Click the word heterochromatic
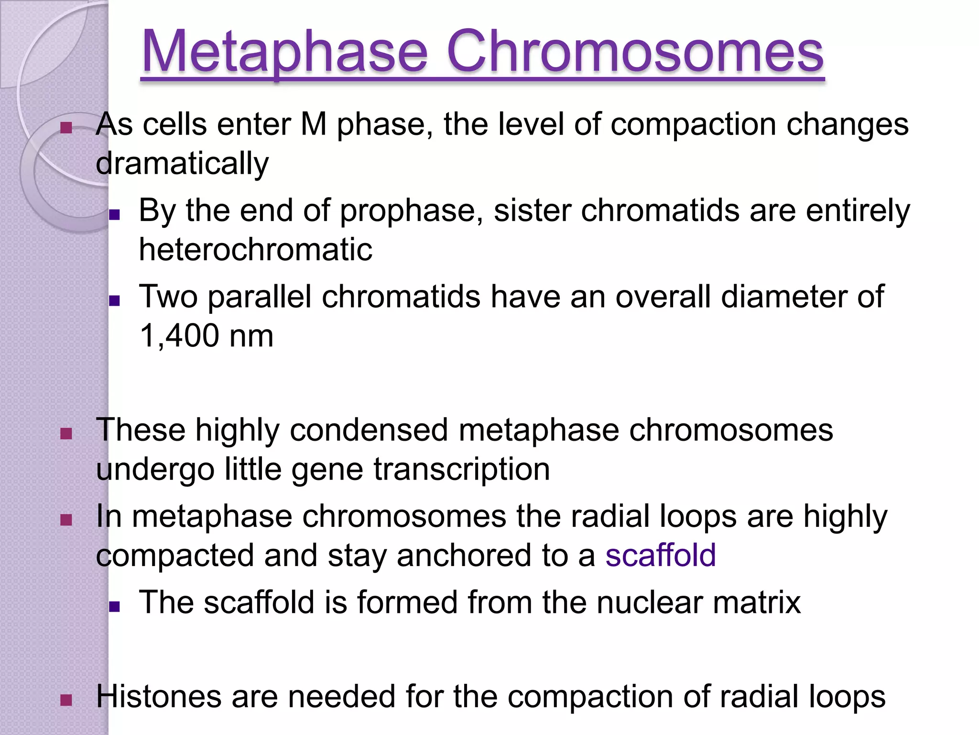click(x=255, y=249)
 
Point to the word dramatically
click(x=182, y=164)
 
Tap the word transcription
click(x=461, y=469)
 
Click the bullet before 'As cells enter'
click(x=66, y=128)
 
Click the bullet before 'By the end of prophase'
click(x=114, y=214)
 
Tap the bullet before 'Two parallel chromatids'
click(x=114, y=301)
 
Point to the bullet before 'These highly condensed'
click(x=66, y=434)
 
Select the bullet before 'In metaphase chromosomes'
click(x=66, y=520)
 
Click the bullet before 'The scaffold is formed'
click(x=114, y=607)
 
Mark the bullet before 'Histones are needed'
click(x=66, y=701)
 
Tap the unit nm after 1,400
click(x=251, y=336)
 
